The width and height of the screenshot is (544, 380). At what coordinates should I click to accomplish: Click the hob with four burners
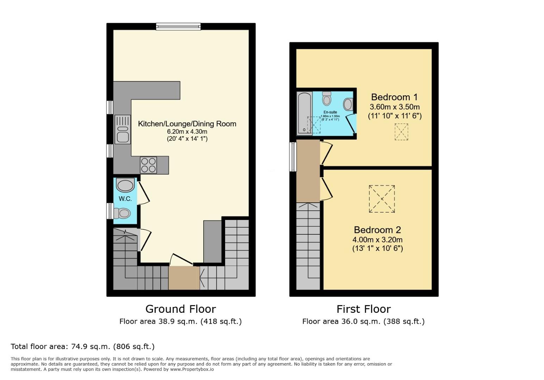click(x=148, y=165)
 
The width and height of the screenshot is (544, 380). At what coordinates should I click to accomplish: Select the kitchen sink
click(x=123, y=130)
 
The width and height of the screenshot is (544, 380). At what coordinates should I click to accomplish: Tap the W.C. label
click(x=125, y=199)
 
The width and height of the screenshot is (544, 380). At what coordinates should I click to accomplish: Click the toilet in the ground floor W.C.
click(x=122, y=213)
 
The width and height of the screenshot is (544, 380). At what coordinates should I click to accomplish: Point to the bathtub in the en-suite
click(x=304, y=113)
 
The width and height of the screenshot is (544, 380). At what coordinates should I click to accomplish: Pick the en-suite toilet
click(x=327, y=99)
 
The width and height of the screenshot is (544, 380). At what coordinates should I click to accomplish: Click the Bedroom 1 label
click(x=395, y=97)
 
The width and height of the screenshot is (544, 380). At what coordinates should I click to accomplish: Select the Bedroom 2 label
click(x=377, y=230)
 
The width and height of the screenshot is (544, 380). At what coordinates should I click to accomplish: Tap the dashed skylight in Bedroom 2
click(x=382, y=199)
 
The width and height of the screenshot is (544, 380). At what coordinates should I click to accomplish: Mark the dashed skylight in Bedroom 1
click(x=401, y=132)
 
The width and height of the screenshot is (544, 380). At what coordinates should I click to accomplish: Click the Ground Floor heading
click(x=180, y=309)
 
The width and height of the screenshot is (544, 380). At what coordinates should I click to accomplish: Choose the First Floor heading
click(x=364, y=309)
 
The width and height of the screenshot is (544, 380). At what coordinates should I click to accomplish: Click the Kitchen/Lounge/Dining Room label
click(x=187, y=124)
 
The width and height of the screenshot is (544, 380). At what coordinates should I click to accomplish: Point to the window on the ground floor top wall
click(x=178, y=26)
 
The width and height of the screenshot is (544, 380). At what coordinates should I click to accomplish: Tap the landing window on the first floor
click(x=293, y=157)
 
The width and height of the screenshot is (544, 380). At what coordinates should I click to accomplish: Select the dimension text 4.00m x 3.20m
click(x=377, y=240)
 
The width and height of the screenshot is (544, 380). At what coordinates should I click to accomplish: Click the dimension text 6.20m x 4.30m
click(x=187, y=132)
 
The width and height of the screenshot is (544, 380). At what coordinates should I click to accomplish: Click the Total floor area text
click(x=83, y=347)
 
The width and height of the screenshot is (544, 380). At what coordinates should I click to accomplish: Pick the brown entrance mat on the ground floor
click(x=184, y=278)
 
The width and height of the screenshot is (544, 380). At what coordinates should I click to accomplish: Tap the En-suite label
click(x=330, y=112)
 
